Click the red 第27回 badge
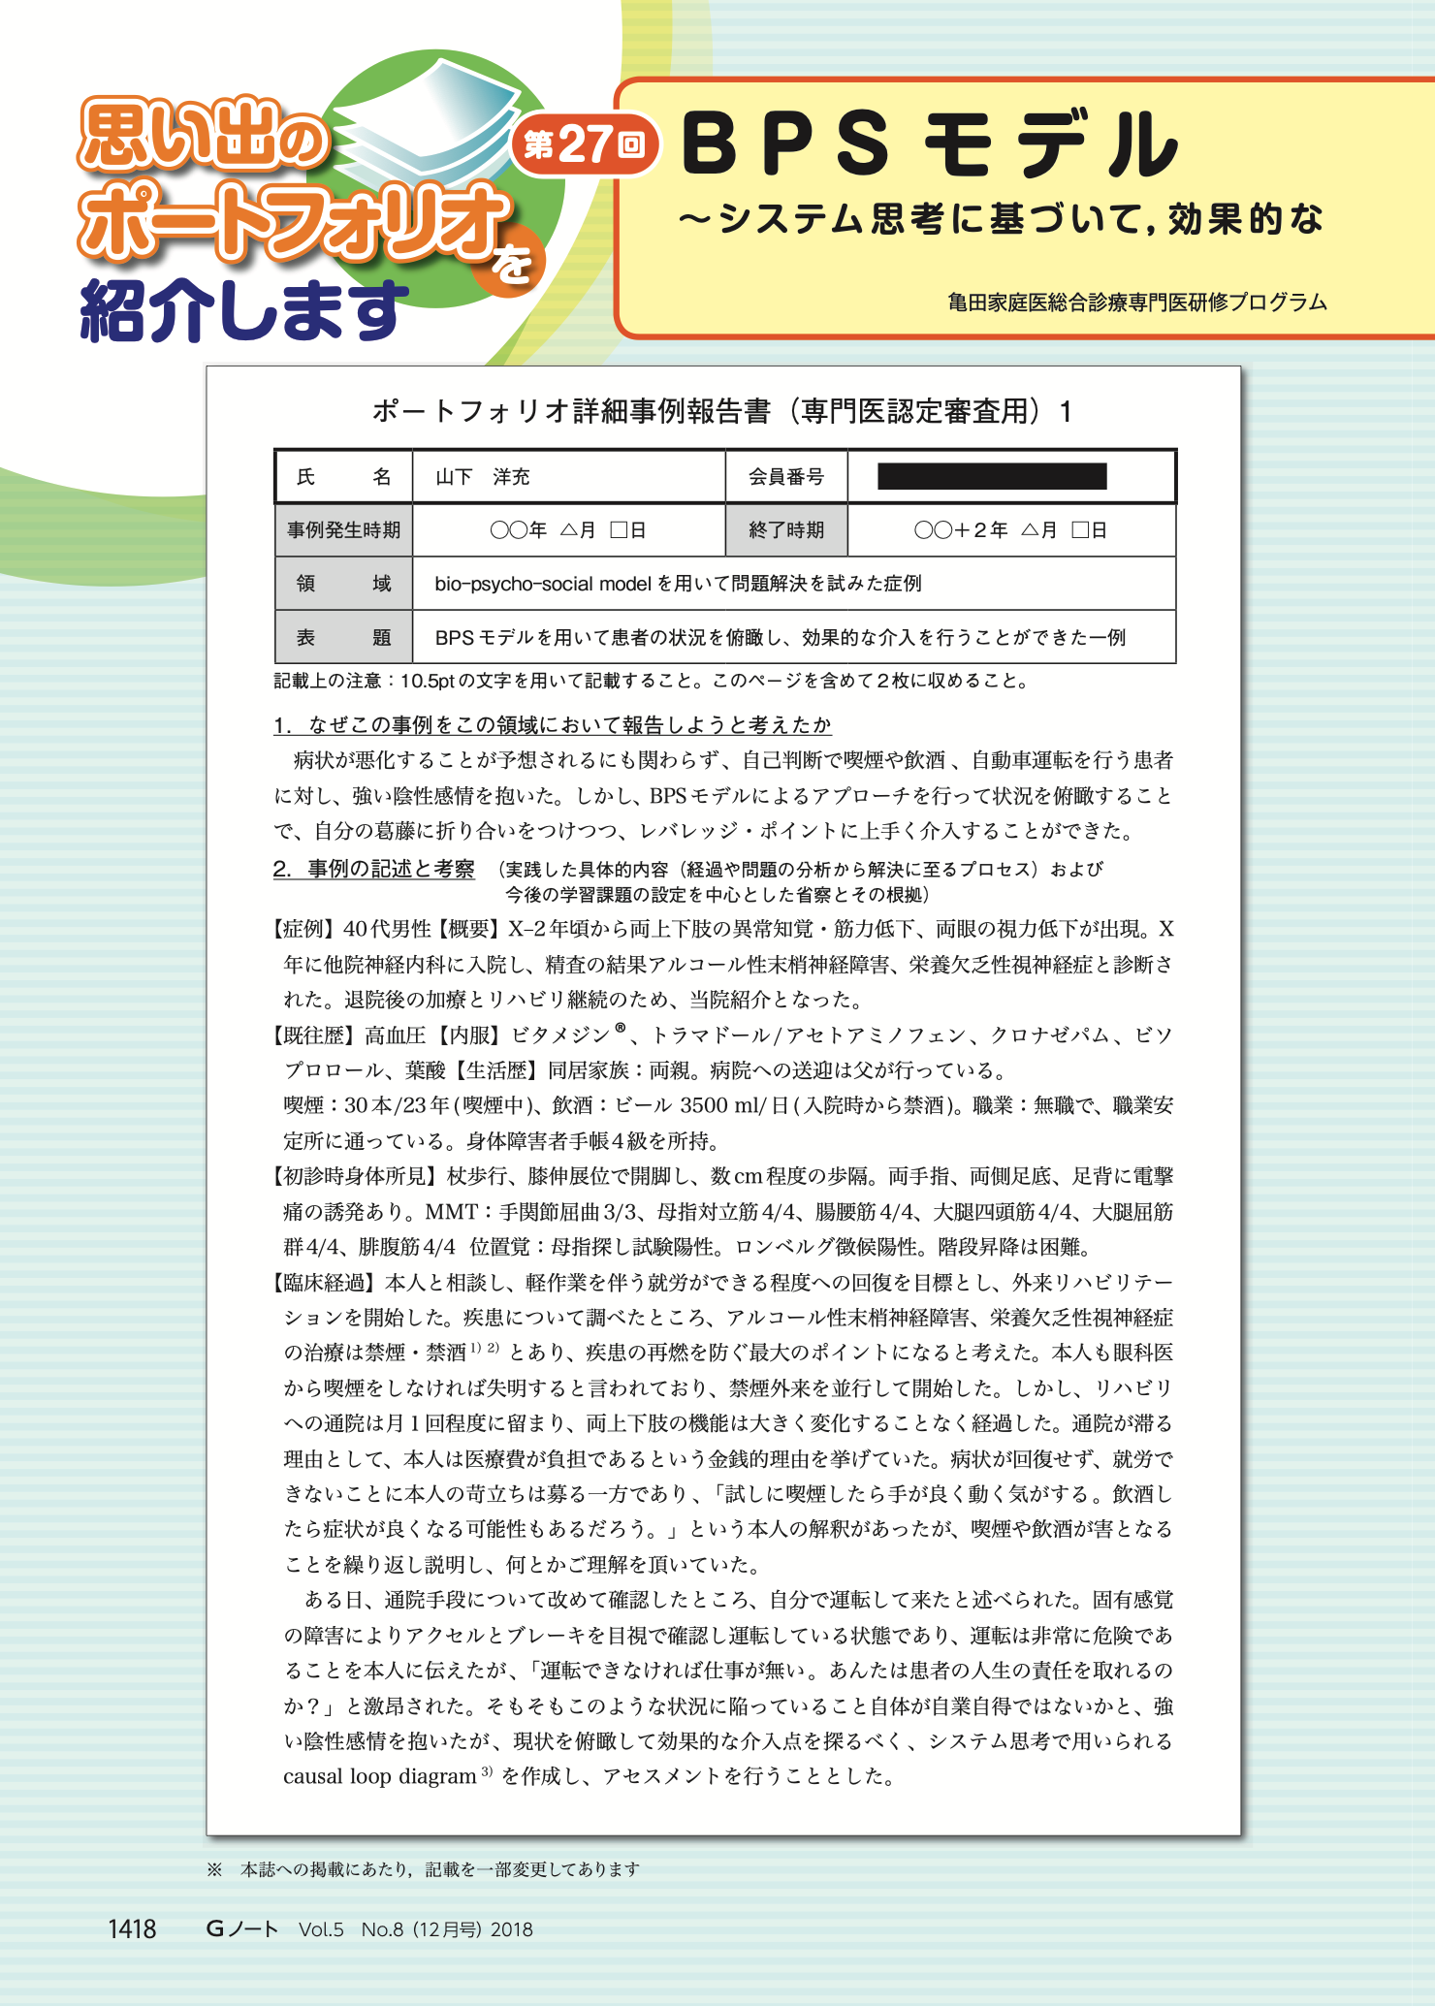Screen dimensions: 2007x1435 click(x=585, y=145)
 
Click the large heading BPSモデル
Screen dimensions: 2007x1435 click(x=929, y=145)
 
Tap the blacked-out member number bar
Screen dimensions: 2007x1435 click(x=991, y=476)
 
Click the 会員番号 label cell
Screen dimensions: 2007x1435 click(x=786, y=477)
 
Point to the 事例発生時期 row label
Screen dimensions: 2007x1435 click(x=343, y=530)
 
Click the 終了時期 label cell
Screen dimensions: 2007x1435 click(x=786, y=530)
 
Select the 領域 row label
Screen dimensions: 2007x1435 click(x=343, y=584)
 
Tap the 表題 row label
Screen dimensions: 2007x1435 click(x=343, y=638)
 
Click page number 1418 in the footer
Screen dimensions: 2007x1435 click(x=132, y=1929)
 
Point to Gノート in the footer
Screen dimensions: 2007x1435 click(x=241, y=1929)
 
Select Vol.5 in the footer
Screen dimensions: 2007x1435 click(x=321, y=1929)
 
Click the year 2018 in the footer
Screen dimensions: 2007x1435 click(x=512, y=1929)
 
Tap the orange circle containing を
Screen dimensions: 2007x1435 click(x=510, y=262)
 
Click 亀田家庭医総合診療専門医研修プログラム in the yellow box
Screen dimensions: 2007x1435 click(x=1137, y=303)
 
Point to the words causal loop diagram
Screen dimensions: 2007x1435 click(x=379, y=1777)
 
